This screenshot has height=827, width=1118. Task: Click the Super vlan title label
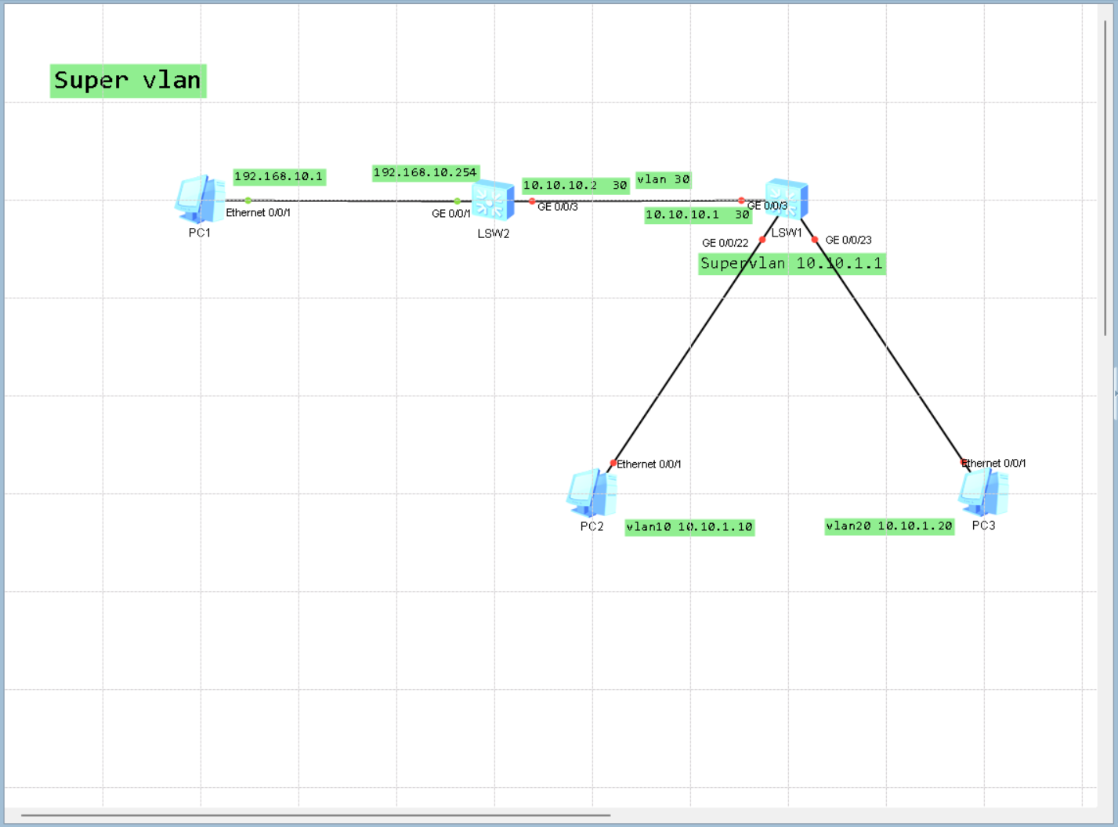click(x=128, y=81)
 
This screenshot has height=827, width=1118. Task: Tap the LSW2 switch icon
click(x=493, y=201)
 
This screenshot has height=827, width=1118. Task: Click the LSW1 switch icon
click(x=787, y=199)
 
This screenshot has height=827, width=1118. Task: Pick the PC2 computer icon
click(x=592, y=493)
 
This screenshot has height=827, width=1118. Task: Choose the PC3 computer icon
click(x=983, y=493)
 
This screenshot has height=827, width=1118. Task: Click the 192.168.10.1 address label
click(x=279, y=177)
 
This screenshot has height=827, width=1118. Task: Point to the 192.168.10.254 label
click(x=425, y=173)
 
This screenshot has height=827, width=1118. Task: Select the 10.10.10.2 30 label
click(x=575, y=186)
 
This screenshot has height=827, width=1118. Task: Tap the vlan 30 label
click(x=663, y=179)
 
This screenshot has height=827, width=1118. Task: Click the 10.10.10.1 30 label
click(x=697, y=215)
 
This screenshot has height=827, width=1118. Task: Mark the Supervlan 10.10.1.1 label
click(x=791, y=264)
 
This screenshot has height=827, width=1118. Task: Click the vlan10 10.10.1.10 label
click(x=689, y=527)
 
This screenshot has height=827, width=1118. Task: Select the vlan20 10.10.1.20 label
click(x=889, y=526)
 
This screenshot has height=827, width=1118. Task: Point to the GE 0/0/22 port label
click(x=725, y=243)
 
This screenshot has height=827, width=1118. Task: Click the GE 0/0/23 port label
click(x=848, y=240)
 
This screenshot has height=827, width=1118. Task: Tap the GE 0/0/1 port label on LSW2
click(x=450, y=213)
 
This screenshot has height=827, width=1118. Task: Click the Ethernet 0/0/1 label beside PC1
click(x=258, y=213)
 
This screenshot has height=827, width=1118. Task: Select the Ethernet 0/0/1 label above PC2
click(x=649, y=464)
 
